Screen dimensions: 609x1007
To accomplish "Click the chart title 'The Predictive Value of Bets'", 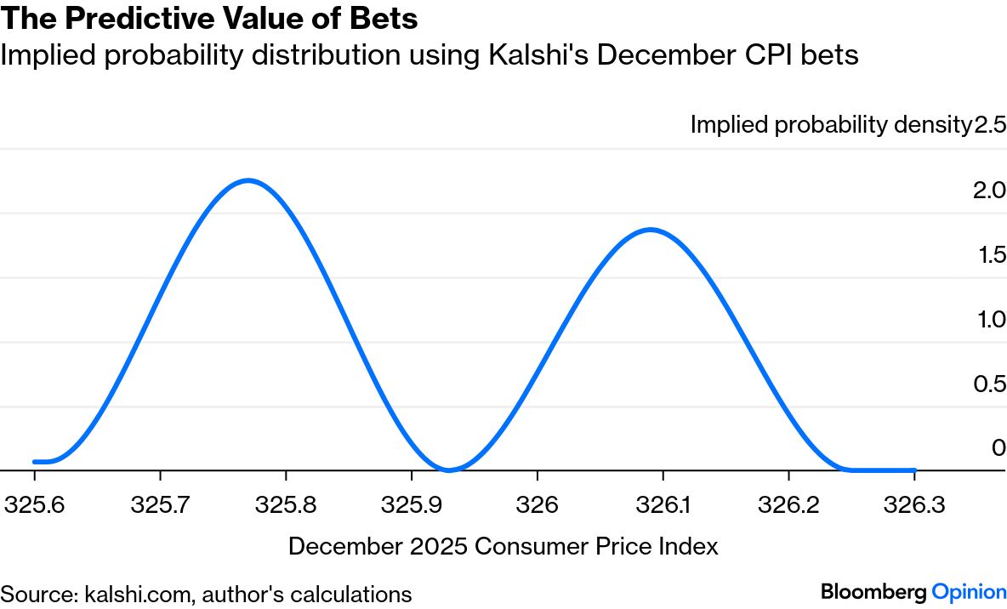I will [209, 19].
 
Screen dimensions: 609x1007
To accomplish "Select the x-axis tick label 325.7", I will [159, 505].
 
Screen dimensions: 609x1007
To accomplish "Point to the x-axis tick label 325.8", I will [285, 505].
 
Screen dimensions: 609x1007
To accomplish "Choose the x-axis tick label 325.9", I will [411, 505].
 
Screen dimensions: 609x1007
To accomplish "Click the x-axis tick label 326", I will [537, 505].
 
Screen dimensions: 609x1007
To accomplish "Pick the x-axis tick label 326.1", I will [662, 505].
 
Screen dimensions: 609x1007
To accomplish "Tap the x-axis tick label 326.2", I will [788, 505].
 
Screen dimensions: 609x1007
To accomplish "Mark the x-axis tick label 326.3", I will [913, 505].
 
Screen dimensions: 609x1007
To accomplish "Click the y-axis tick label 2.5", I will [990, 125].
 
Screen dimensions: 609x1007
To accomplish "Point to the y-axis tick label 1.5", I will [990, 254].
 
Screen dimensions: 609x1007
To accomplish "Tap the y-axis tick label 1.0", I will [990, 319].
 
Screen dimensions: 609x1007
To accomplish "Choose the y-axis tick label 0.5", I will [990, 384].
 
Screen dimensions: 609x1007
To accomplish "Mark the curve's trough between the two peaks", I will [449, 469].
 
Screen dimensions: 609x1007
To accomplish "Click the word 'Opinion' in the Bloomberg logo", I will [970, 591].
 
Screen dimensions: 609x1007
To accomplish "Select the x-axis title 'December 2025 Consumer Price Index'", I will [503, 546].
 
